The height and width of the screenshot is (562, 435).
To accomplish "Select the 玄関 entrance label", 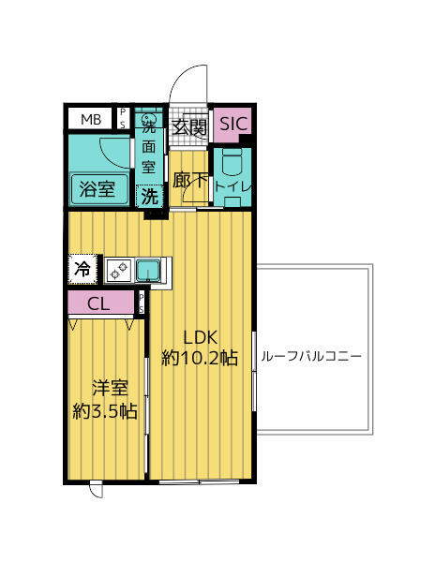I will pos(189,127).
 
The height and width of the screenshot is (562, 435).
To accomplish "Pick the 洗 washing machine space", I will pos(149,197).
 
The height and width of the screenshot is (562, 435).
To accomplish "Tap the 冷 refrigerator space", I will pos(82,269).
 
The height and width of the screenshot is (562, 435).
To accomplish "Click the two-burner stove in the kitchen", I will pos(120,271).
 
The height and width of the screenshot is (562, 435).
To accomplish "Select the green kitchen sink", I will pos(148,272).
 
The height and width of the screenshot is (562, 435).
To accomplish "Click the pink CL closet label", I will pos(99,303).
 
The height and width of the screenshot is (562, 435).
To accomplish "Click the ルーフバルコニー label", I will pos(312,357).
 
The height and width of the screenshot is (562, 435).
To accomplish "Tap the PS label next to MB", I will pos(123,119).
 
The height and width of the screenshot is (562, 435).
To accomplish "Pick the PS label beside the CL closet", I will pos(142,303).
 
